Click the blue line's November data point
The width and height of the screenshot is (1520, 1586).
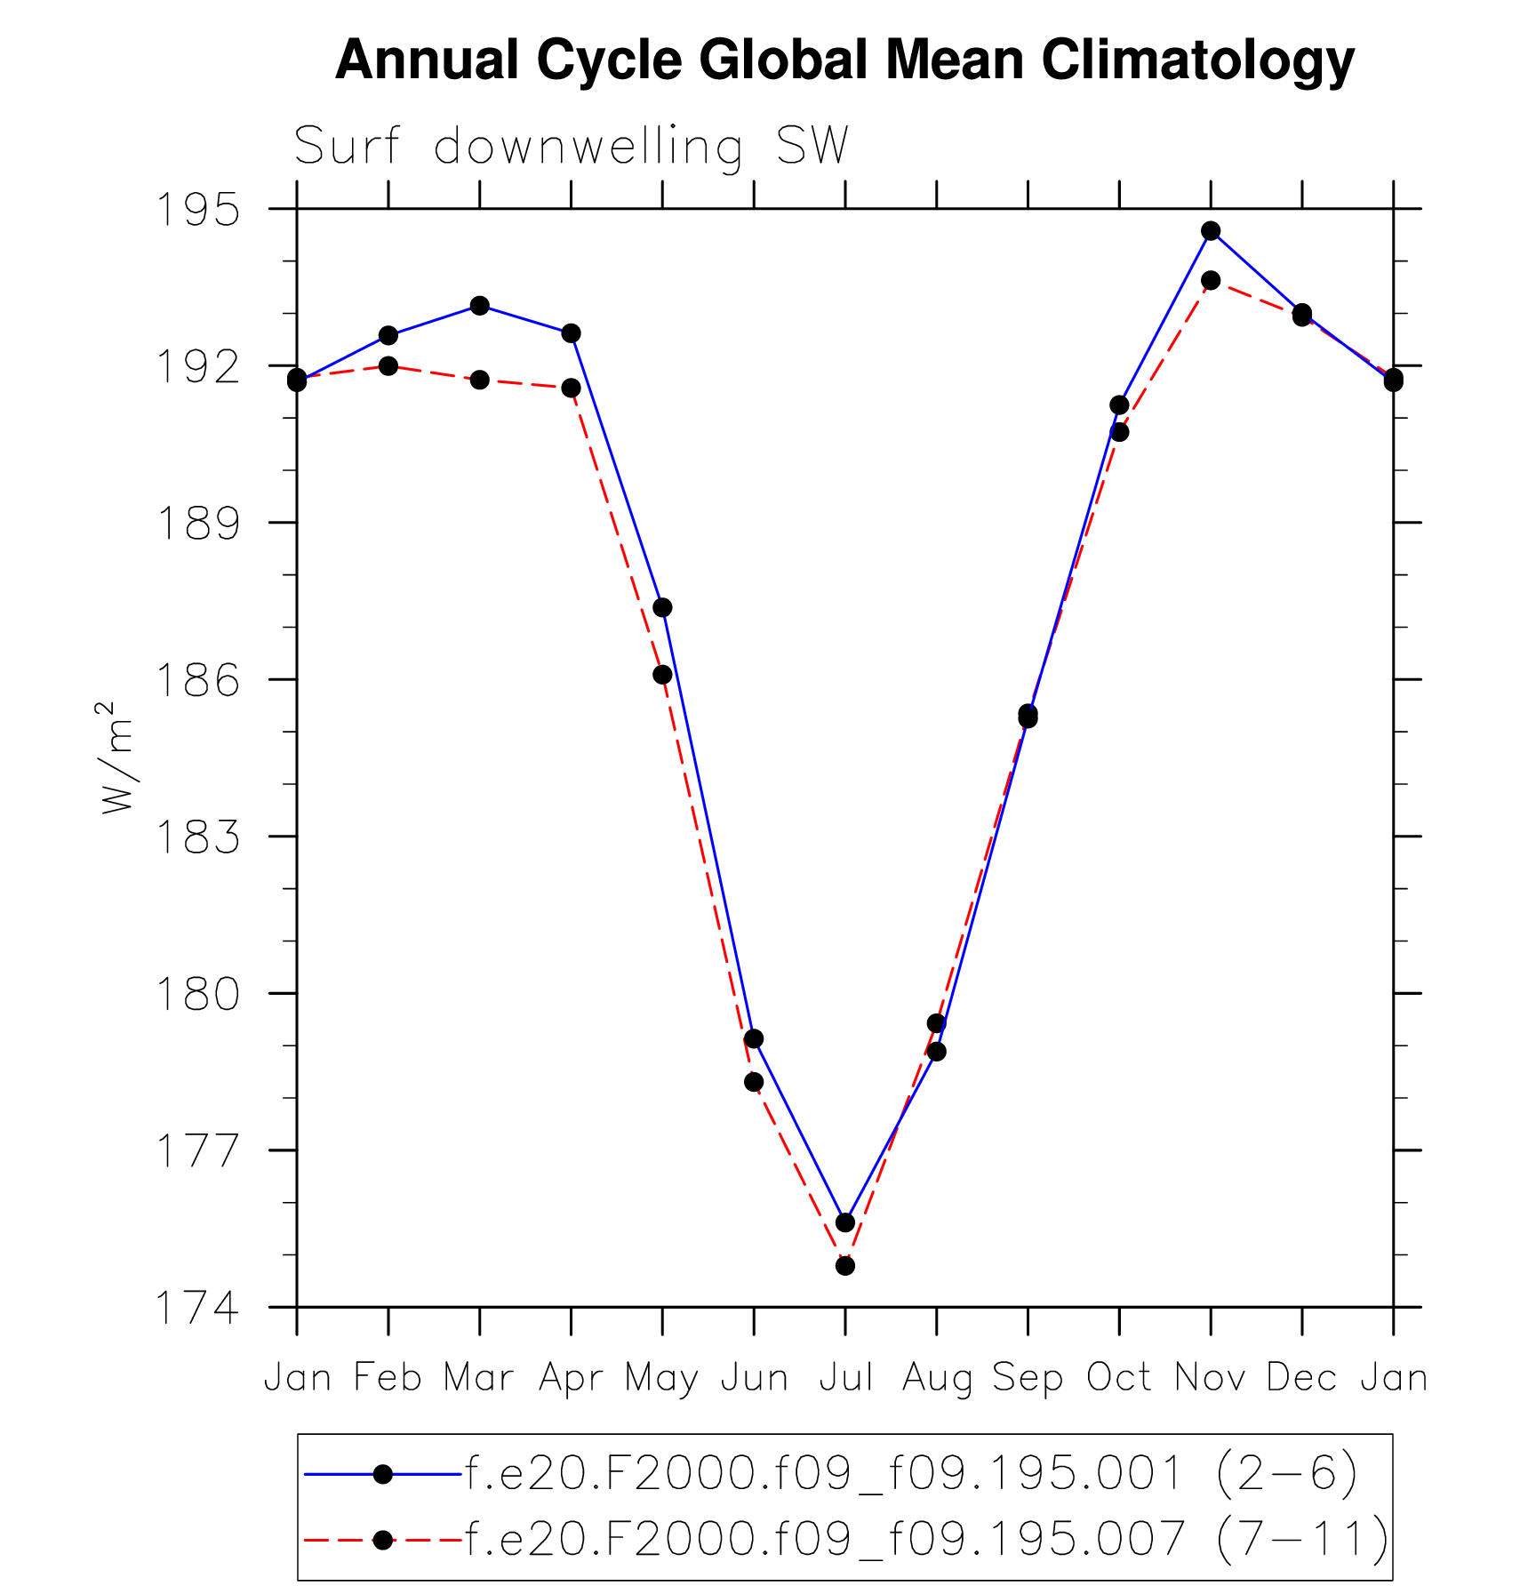coord(1211,231)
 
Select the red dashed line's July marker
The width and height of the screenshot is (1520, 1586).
coord(845,1265)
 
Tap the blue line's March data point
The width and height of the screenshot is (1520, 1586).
coord(480,306)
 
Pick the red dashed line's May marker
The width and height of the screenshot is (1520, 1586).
coord(662,675)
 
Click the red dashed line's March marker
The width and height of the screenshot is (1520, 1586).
coord(480,380)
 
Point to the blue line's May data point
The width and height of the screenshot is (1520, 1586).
coord(662,608)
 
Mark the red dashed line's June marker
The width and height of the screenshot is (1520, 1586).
coord(754,1082)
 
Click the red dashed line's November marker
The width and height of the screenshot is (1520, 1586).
coord(1211,280)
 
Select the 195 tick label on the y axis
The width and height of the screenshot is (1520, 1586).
coord(197,210)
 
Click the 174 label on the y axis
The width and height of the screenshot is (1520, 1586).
coord(197,1308)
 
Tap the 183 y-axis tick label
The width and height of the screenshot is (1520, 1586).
coord(197,837)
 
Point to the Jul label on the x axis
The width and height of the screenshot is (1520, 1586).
coord(845,1378)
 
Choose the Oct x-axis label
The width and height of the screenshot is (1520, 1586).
coord(1119,1378)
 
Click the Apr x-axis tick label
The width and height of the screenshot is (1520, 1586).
coord(571,1378)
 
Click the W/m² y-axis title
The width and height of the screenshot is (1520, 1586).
coord(116,757)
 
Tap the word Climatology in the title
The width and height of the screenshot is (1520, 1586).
coord(1197,60)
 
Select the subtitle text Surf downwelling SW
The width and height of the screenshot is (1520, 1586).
coord(571,147)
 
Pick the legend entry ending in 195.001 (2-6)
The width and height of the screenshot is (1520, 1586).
coord(911,1474)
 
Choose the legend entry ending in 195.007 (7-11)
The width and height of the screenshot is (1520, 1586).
coord(926,1539)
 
